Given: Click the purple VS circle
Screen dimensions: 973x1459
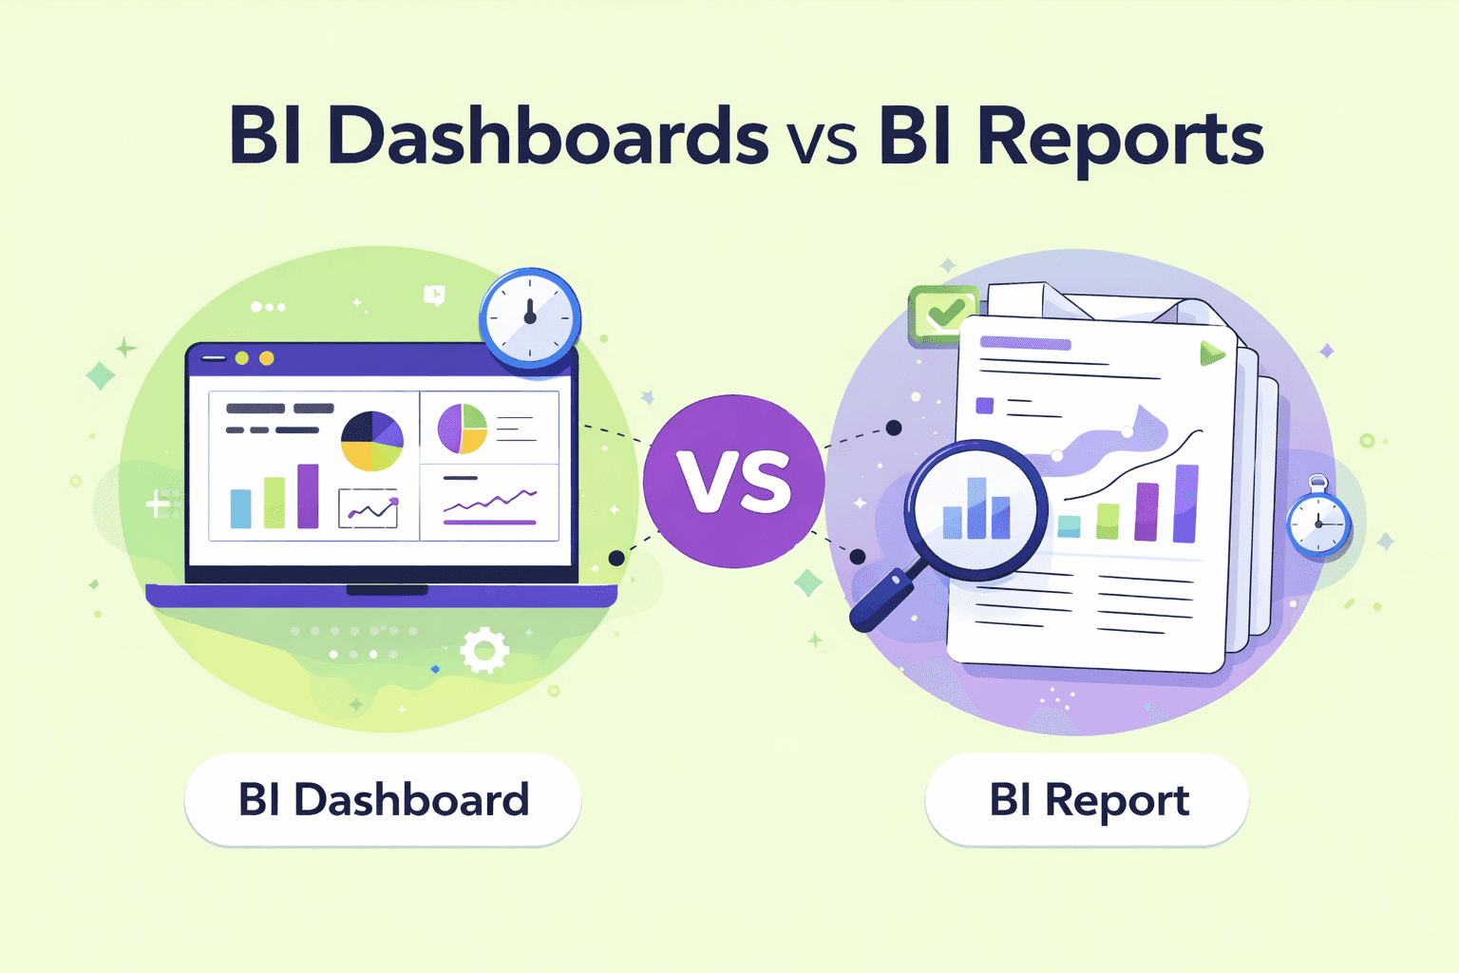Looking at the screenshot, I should click(733, 481).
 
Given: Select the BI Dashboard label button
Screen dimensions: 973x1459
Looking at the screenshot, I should click(383, 800).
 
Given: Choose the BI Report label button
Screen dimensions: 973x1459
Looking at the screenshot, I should click(1087, 800).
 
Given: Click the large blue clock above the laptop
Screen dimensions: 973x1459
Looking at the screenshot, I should click(530, 318).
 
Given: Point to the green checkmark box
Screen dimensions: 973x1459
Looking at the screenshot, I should click(943, 313).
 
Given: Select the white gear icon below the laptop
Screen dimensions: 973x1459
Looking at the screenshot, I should click(484, 650).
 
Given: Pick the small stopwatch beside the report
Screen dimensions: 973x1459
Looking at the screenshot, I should click(1318, 523).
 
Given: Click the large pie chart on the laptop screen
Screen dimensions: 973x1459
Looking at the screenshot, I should click(372, 441).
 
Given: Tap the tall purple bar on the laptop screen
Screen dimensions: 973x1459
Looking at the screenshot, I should click(308, 495).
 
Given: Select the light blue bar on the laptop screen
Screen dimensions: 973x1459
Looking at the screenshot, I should click(241, 508).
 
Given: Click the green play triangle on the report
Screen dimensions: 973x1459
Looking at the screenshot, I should click(1211, 354).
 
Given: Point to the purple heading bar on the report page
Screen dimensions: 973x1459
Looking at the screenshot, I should click(1026, 343).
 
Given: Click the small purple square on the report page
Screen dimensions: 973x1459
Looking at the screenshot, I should click(985, 406).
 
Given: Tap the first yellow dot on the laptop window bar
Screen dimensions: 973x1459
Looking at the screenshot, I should click(242, 358).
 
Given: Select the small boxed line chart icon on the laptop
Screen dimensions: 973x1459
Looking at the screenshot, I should click(369, 509).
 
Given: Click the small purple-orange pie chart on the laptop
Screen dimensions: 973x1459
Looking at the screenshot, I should click(463, 429).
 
